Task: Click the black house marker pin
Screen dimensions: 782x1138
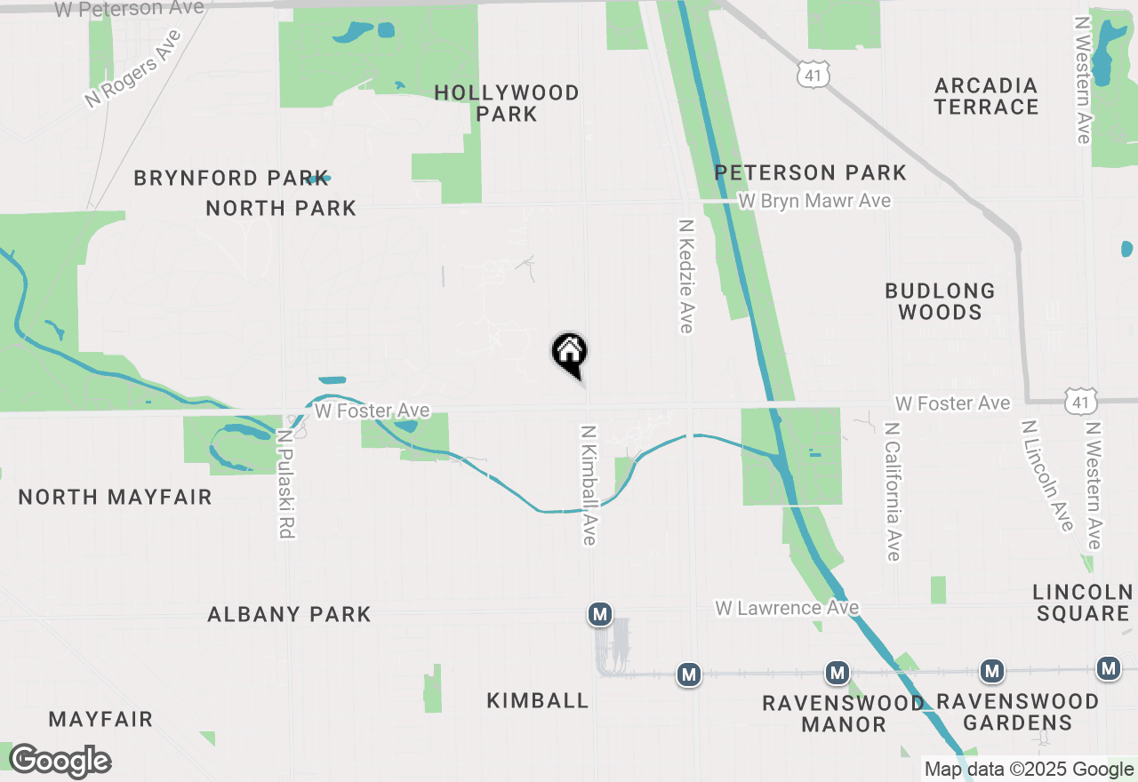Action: (x=569, y=352)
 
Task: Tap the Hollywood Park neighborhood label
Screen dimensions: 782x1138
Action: (x=507, y=103)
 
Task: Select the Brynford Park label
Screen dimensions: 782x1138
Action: (x=231, y=178)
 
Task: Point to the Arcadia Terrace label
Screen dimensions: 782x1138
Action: (x=986, y=96)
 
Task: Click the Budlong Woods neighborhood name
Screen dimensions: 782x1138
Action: (x=940, y=301)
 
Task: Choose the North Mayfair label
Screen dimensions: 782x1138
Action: (x=116, y=497)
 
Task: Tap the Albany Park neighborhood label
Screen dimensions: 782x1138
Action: (x=289, y=614)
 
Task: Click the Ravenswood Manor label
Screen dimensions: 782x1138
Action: (x=843, y=714)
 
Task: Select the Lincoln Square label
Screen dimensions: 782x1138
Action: (x=1083, y=602)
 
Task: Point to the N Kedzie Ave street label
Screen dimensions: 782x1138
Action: (x=685, y=276)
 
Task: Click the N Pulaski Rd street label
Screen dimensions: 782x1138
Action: (x=285, y=484)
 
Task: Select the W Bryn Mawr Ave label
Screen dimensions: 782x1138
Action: (x=814, y=201)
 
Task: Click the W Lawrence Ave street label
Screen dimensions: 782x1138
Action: (x=787, y=608)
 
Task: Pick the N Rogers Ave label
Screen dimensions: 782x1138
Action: (x=133, y=69)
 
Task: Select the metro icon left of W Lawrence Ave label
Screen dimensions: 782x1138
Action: (x=600, y=613)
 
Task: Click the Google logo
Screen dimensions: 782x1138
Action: (x=60, y=761)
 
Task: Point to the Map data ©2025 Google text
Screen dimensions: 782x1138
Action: (x=1029, y=770)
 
